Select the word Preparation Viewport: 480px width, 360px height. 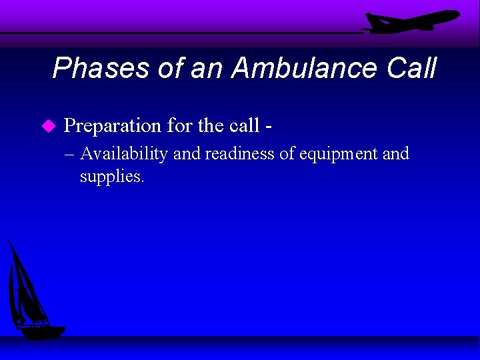click(x=112, y=125)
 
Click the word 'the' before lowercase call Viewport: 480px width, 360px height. click(x=211, y=125)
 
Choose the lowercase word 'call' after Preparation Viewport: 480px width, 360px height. click(x=245, y=125)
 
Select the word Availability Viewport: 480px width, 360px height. click(x=124, y=154)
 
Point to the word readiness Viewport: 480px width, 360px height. click(x=239, y=154)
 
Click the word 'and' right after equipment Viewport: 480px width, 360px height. click(x=395, y=154)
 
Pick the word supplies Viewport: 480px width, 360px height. click(x=111, y=177)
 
